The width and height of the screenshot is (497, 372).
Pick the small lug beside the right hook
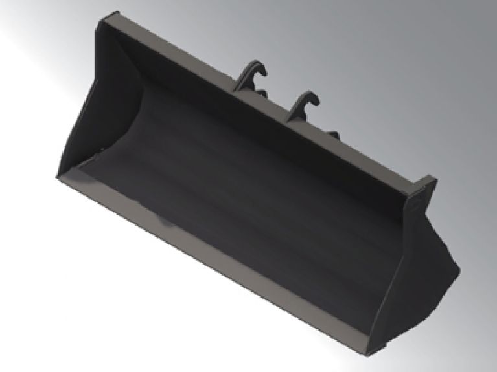[x=333, y=134]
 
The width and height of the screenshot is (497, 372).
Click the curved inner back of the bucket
[x=259, y=194]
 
